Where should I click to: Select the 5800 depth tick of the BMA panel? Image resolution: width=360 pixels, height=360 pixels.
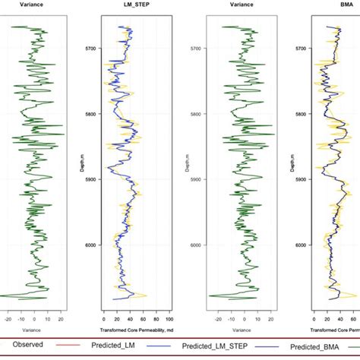click(x=302, y=114)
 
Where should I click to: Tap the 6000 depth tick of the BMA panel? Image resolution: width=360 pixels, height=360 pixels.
click(x=302, y=245)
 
